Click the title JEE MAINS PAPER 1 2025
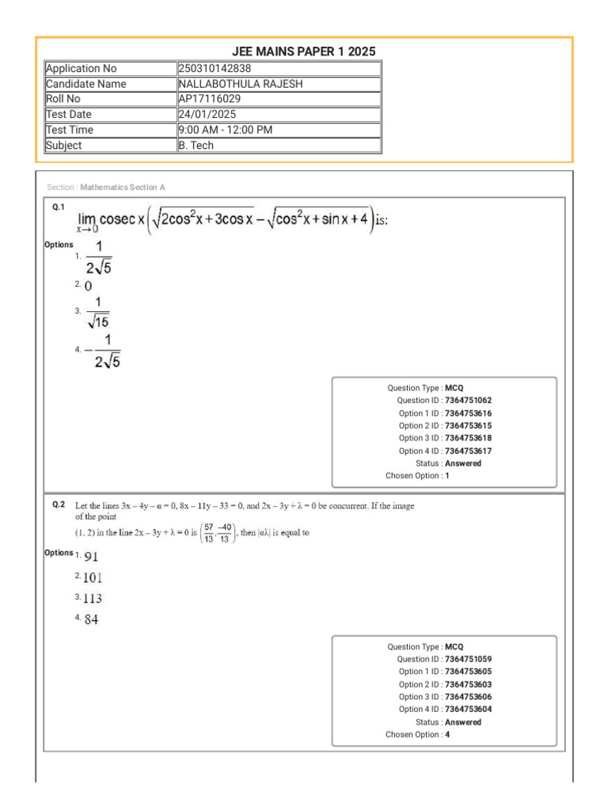304,51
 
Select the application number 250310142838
215,69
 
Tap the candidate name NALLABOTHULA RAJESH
241,84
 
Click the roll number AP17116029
210,99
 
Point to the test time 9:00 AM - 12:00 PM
226,130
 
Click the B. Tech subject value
196,145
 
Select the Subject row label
64,145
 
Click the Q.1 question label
59,206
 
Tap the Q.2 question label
59,504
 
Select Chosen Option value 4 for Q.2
447,735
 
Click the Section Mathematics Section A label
106,188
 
